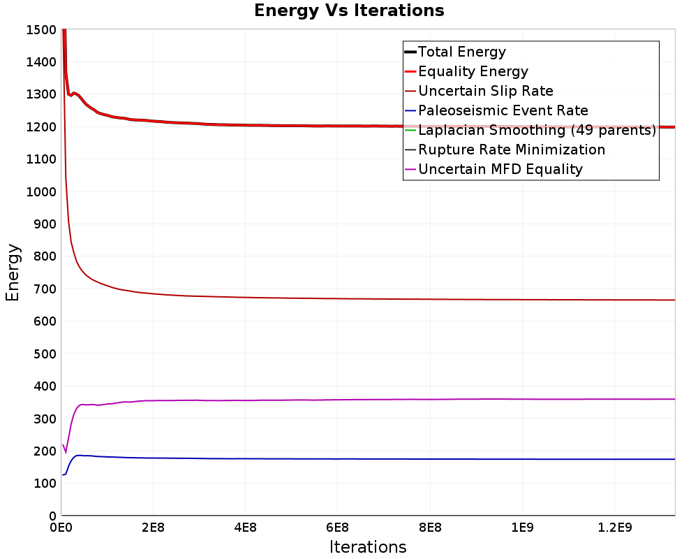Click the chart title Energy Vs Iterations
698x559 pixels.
pyautogui.click(x=349, y=10)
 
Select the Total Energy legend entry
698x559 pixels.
pyautogui.click(x=455, y=52)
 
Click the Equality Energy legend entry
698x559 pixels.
pyautogui.click(x=466, y=71)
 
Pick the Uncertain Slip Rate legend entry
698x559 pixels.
pyautogui.click(x=479, y=91)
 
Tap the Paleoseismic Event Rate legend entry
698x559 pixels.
pyautogui.click(x=496, y=110)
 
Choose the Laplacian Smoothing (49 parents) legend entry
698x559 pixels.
pyautogui.click(x=530, y=130)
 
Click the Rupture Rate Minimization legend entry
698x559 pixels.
pyautogui.click(x=505, y=150)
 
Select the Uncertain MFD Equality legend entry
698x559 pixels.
pyautogui.click(x=493, y=169)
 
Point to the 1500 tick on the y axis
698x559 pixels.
pyautogui.click(x=41, y=30)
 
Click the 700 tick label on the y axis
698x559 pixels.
pyautogui.click(x=45, y=289)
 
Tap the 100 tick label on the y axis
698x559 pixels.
pyautogui.click(x=45, y=484)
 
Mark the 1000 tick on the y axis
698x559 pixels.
pyautogui.click(x=41, y=191)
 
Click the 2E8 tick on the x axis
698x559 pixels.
pyautogui.click(x=153, y=528)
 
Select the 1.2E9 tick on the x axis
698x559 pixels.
pyautogui.click(x=615, y=528)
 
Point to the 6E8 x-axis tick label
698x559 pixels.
pyautogui.click(x=337, y=528)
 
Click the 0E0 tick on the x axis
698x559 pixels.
pyautogui.click(x=61, y=528)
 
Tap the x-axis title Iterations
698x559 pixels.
pyautogui.click(x=368, y=546)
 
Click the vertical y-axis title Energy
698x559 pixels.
pyautogui.click(x=13, y=273)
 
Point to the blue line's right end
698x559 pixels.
pyautogui.click(x=674, y=459)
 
